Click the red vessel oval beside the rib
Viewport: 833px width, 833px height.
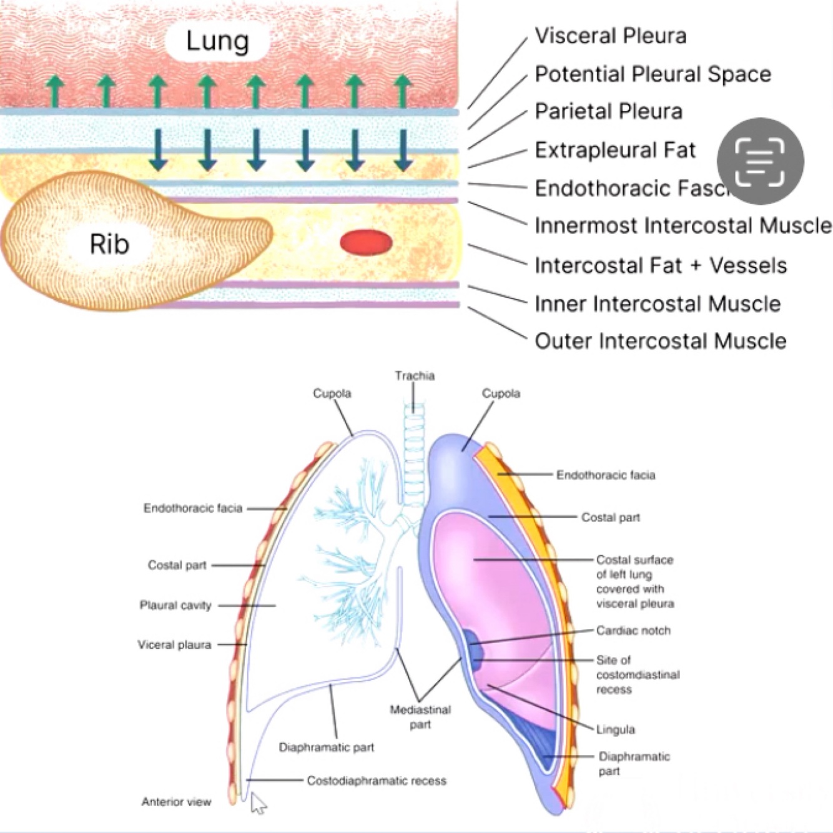(x=366, y=242)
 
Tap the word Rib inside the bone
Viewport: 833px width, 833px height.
(x=109, y=244)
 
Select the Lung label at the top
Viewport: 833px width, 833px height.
(x=217, y=41)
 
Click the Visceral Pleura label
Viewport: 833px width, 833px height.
(x=610, y=36)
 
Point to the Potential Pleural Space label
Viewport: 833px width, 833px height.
(x=653, y=74)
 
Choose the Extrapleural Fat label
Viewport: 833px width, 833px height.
(x=614, y=150)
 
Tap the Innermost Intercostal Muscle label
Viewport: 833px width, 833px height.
(x=683, y=225)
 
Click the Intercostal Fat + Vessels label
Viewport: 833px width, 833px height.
(x=660, y=265)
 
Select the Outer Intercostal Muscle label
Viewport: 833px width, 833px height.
(x=660, y=341)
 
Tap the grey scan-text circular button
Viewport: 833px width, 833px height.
(x=760, y=161)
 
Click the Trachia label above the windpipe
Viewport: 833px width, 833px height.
(x=414, y=376)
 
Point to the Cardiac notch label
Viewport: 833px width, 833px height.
(x=633, y=631)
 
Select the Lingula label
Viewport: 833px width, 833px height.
(x=615, y=729)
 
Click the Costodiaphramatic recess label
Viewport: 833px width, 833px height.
(x=376, y=781)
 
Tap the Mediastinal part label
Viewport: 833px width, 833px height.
(x=420, y=717)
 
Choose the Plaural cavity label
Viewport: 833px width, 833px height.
(x=175, y=605)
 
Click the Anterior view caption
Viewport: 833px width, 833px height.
(x=176, y=802)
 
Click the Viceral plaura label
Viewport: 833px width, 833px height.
(x=174, y=644)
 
